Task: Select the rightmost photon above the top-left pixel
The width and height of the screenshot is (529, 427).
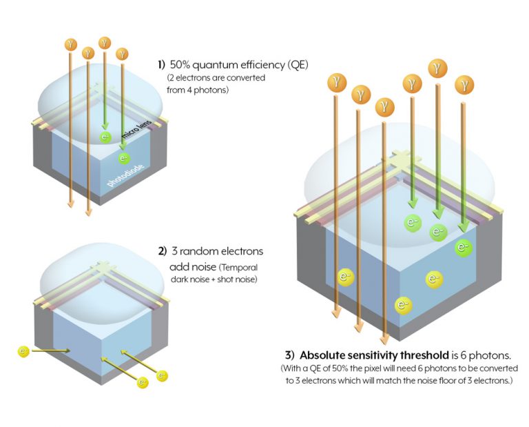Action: [x=123, y=53]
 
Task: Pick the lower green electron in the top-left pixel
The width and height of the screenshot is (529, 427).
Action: [x=125, y=159]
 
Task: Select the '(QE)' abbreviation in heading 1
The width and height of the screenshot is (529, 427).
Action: [x=295, y=65]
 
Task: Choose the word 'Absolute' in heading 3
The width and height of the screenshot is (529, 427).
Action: [x=325, y=355]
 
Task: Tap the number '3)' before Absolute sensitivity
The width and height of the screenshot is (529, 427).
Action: [x=291, y=355]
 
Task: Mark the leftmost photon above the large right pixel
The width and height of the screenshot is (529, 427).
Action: [x=335, y=82]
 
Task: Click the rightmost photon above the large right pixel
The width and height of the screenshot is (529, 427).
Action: [x=465, y=86]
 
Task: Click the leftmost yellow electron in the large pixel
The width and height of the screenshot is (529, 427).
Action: [x=346, y=277]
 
